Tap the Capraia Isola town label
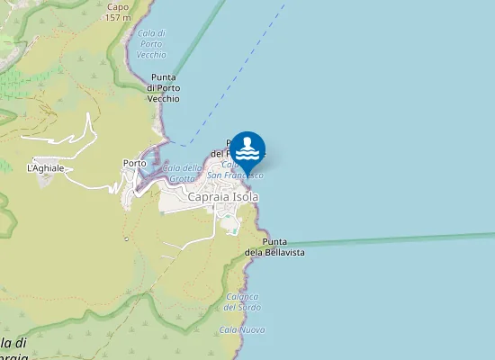(222, 197)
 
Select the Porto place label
(134, 163)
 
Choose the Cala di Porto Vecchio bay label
(151, 43)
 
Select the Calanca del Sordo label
(243, 301)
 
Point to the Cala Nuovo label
(242, 330)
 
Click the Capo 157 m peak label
(117, 12)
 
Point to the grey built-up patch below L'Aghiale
(45, 179)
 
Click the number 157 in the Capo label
(114, 17)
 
